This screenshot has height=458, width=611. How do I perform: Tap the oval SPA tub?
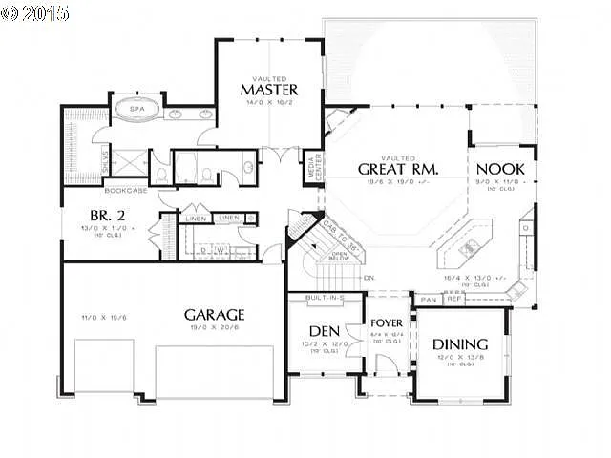click(x=137, y=111)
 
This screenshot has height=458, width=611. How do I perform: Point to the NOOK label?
click(x=501, y=169)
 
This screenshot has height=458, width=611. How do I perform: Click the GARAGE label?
click(x=215, y=314)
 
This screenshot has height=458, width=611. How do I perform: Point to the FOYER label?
click(x=387, y=323)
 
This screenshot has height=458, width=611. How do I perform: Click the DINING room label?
click(x=461, y=344)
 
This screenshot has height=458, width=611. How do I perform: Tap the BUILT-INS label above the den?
click(x=325, y=299)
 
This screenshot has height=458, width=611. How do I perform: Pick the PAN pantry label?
click(x=427, y=300)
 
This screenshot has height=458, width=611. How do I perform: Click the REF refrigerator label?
click(x=453, y=300)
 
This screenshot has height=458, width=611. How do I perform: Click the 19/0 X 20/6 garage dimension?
click(x=216, y=327)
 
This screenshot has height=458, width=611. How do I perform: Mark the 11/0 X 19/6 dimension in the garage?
click(x=99, y=318)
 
